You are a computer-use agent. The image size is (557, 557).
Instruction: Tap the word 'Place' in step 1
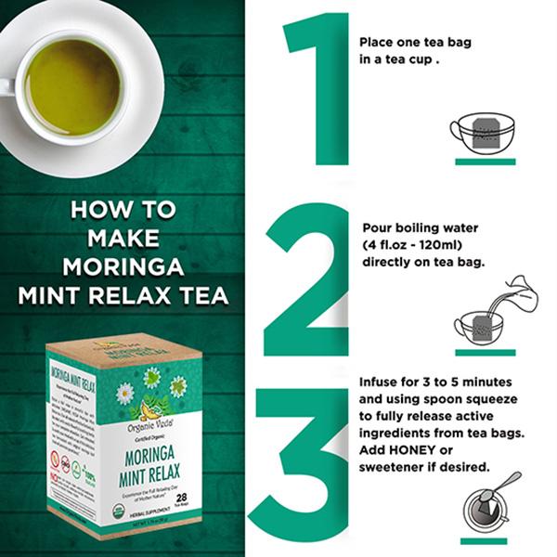[377, 43]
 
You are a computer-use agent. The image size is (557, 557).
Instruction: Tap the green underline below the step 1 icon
[485, 161]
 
